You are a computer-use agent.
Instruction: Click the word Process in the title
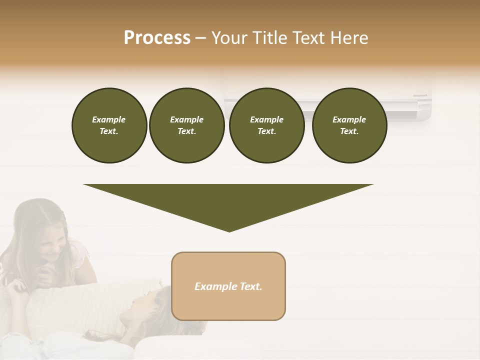tap(157, 38)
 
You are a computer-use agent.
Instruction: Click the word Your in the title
tap(228, 38)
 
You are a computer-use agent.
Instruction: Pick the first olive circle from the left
tap(109, 125)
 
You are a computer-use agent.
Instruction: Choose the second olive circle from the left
tap(186, 125)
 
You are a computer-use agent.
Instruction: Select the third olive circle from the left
tap(266, 125)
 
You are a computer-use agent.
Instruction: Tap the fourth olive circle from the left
tap(349, 125)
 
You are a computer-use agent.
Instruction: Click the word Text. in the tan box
tap(251, 286)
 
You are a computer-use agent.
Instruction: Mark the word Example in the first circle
tap(109, 119)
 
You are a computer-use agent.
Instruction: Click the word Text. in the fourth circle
tap(349, 131)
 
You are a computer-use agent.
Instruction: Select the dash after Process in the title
tap(200, 38)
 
